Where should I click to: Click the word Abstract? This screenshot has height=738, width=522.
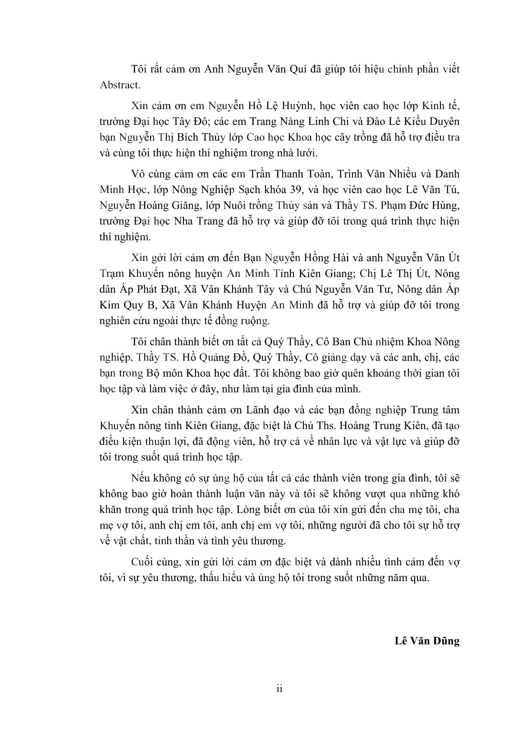[x=119, y=84]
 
